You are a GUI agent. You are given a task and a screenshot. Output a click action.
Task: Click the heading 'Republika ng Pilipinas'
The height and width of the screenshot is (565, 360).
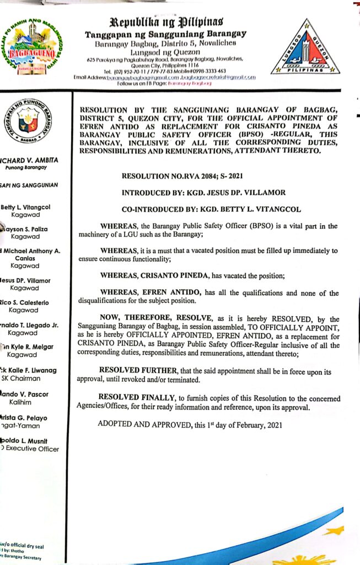[x=167, y=23]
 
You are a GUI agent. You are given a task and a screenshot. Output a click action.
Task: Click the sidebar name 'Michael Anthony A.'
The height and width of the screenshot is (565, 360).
[x=33, y=251]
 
